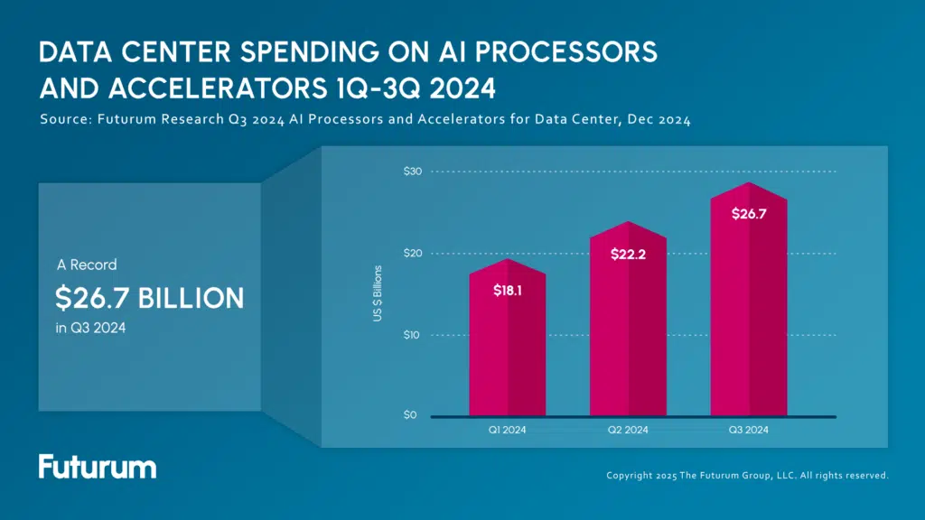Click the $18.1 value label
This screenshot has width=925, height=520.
pos(507,291)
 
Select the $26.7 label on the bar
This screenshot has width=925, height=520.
pos(749,214)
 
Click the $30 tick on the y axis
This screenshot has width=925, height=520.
pos(410,172)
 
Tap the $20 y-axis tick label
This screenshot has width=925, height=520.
pos(410,253)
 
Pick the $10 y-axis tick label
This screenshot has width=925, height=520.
pos(410,335)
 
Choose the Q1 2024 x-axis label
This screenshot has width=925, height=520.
pos(507,431)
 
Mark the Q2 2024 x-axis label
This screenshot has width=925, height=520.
pos(628,431)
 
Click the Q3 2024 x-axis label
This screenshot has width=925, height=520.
pos(749,431)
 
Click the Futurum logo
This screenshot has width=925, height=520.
pos(98,467)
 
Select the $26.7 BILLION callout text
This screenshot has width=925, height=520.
pos(149,298)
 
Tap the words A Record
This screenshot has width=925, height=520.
pos(87,265)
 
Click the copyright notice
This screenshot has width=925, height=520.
pos(747,475)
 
